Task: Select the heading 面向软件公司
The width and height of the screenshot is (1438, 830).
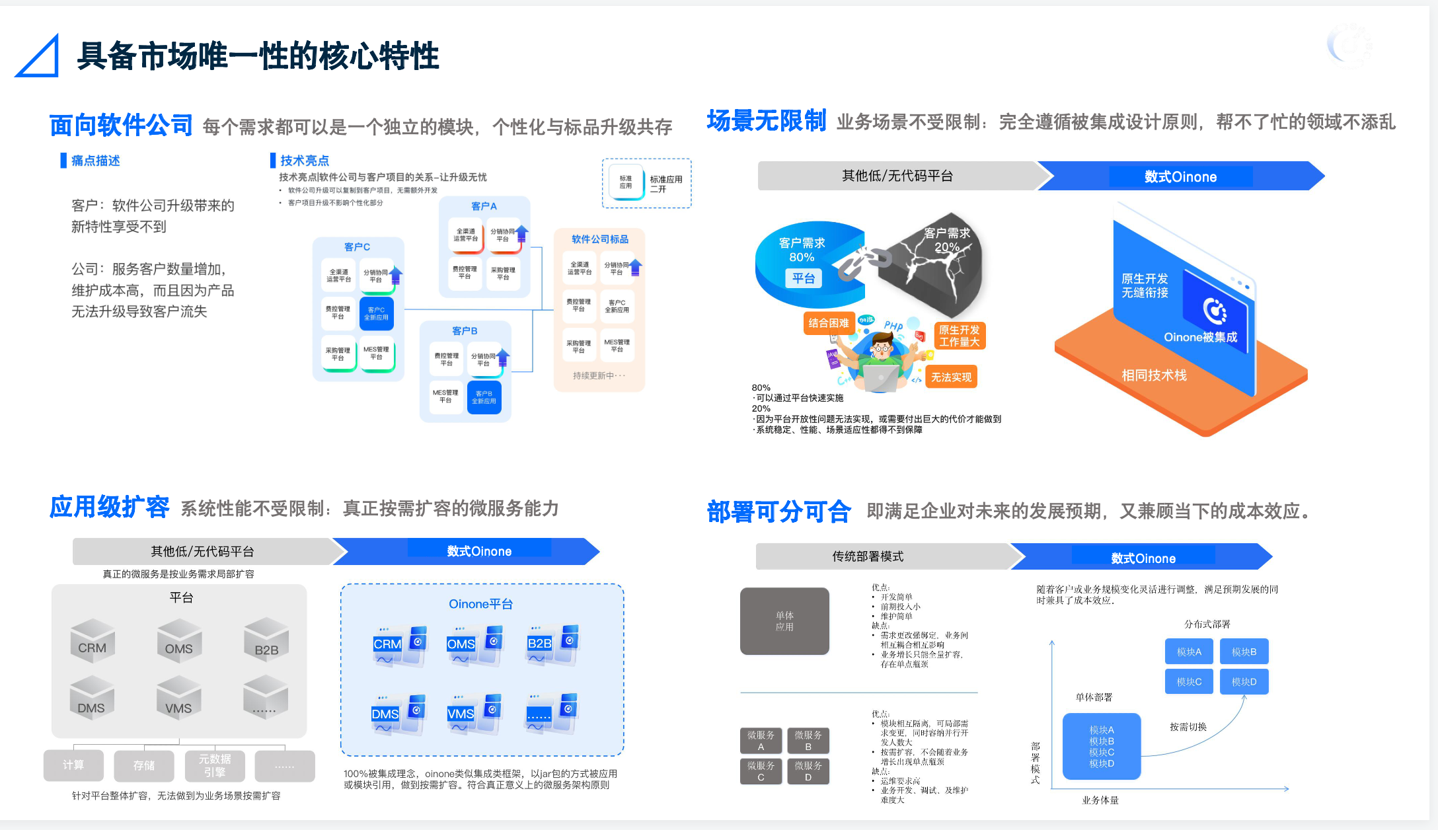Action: [121, 125]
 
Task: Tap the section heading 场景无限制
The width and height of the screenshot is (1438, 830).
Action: [766, 121]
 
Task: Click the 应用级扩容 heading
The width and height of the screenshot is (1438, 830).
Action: [109, 507]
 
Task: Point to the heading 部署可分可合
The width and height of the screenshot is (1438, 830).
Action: [778, 511]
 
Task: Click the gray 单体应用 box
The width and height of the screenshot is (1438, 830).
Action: [784, 621]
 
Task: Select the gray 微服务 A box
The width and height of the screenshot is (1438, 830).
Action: [761, 740]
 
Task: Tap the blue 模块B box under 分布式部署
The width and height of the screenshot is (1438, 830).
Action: [1244, 652]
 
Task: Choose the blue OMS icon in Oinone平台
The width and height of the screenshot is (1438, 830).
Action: [474, 644]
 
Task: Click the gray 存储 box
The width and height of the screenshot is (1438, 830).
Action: [144, 765]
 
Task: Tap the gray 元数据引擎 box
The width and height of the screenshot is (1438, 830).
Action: [215, 765]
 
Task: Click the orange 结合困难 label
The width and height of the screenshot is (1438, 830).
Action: [828, 323]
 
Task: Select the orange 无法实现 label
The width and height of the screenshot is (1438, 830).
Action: [951, 377]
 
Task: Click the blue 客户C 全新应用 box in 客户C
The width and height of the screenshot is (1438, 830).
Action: [376, 313]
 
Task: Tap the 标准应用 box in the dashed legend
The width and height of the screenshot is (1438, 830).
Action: [626, 182]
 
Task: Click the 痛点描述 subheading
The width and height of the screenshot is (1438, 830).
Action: [95, 161]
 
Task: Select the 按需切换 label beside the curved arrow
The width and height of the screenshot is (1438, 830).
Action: [1188, 727]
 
